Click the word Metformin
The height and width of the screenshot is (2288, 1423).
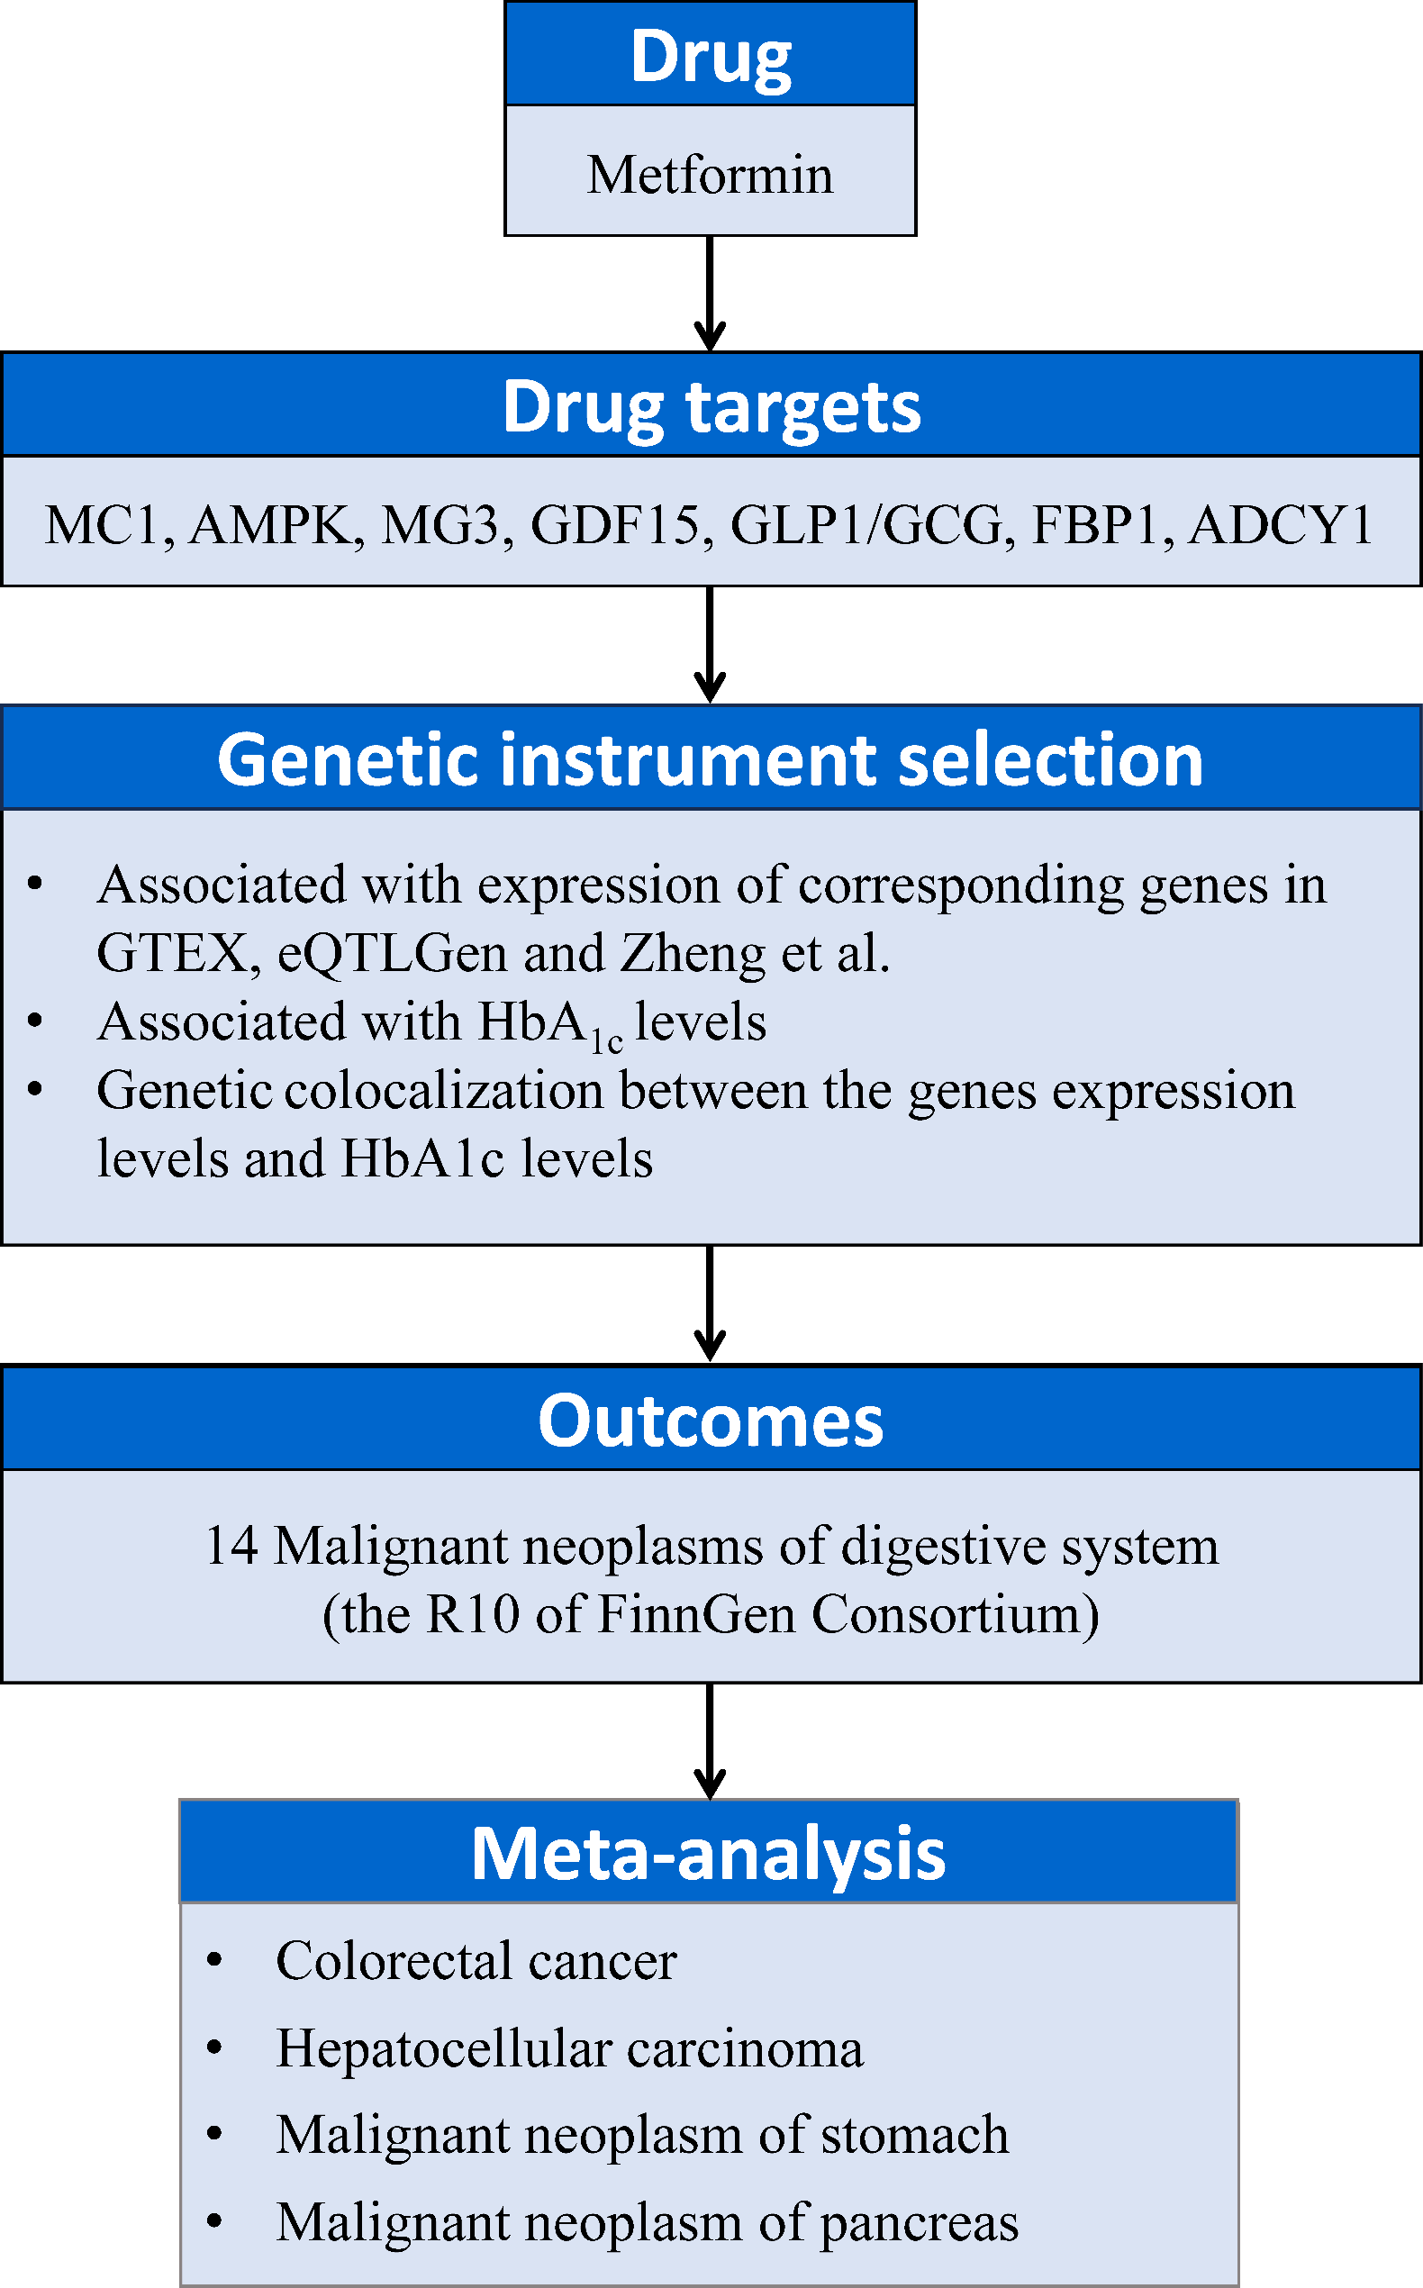click(x=710, y=175)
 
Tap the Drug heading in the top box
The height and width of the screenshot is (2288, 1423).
click(x=710, y=57)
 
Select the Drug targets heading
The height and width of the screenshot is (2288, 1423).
click(x=711, y=406)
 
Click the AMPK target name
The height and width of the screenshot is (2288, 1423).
click(x=276, y=525)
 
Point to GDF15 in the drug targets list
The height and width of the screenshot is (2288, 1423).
click(x=615, y=525)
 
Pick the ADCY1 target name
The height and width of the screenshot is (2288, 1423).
click(x=1280, y=525)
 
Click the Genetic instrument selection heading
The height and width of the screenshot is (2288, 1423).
click(x=711, y=759)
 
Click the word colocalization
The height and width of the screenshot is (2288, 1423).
click(x=443, y=1092)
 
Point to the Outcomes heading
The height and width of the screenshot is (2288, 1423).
click(x=711, y=1421)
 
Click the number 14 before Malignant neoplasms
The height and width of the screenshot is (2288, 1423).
click(x=231, y=1547)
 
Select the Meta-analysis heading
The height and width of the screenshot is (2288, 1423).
click(x=708, y=1853)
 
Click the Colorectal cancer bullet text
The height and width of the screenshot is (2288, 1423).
click(x=476, y=1961)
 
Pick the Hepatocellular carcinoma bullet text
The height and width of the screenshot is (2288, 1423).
click(x=568, y=2049)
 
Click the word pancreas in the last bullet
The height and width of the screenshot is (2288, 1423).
click(x=919, y=2223)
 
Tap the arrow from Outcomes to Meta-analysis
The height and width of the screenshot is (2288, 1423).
click(x=710, y=1741)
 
